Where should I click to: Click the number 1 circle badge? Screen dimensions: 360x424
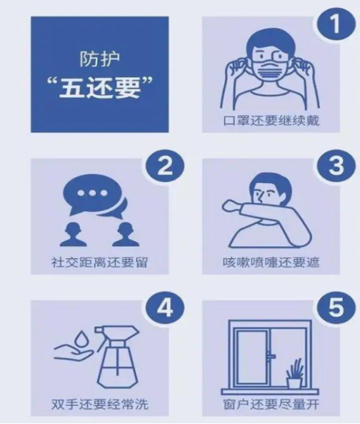(x=336, y=23)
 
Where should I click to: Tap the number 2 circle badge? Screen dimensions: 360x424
(x=165, y=166)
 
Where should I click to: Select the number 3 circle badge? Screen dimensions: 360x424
(x=336, y=166)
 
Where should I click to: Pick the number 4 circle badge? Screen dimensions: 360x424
(x=165, y=308)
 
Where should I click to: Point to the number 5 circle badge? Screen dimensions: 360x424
(x=336, y=308)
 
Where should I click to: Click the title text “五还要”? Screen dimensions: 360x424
(x=100, y=88)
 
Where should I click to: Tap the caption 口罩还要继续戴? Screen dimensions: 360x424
(x=271, y=121)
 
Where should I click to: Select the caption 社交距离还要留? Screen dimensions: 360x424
(x=99, y=262)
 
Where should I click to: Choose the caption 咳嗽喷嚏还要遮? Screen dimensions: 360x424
(x=271, y=262)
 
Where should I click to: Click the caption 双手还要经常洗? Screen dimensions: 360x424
(x=99, y=405)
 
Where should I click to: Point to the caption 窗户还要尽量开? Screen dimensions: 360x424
(x=271, y=405)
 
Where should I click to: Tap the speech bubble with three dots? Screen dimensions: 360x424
(x=92, y=194)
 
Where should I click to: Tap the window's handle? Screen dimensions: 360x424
(x=271, y=356)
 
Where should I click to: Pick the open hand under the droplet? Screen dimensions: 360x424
(x=73, y=353)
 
